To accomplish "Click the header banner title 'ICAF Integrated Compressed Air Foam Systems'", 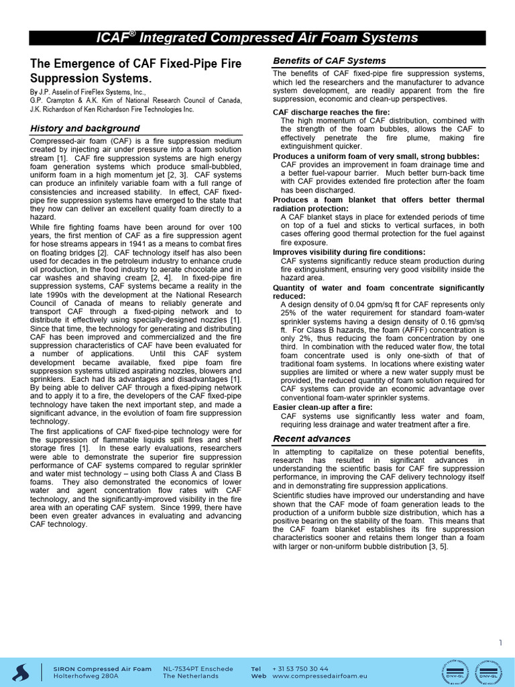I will [257, 38].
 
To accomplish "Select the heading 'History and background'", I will [84, 128].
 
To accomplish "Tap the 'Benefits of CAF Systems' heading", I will [329, 61].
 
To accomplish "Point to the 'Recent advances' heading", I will [312, 439].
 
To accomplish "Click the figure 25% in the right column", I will [290, 312].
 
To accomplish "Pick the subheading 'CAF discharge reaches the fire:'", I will [331, 112].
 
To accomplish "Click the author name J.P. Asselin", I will [62, 91].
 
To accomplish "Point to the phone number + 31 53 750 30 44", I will [300, 668].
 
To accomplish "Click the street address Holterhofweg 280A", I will [86, 676].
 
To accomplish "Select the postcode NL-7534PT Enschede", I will [198, 668].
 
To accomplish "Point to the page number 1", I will [500, 643].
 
